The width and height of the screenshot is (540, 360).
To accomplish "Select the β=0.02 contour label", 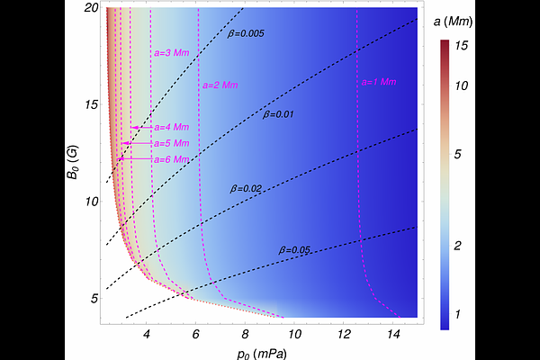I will coord(246,188).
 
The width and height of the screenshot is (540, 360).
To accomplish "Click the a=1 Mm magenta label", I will coord(379,82).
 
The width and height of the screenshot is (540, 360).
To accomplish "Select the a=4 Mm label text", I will coord(171,128).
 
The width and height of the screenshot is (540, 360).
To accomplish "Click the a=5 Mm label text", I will coord(171,143).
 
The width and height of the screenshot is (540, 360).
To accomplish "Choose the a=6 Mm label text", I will coord(171,159).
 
